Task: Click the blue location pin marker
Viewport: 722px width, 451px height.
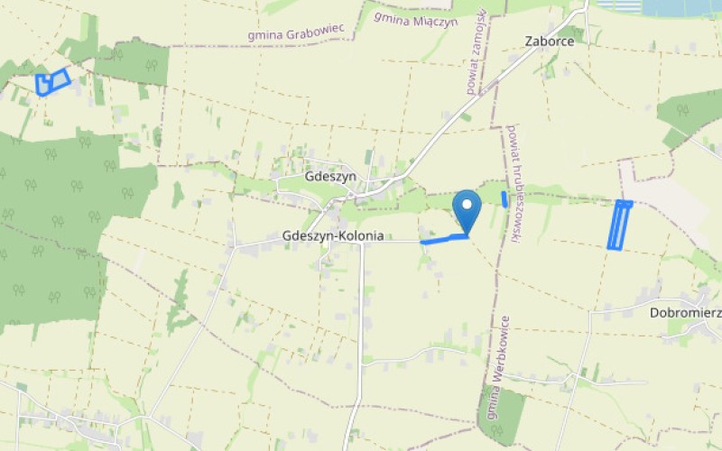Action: (467, 209)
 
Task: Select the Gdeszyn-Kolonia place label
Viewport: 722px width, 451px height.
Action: (333, 236)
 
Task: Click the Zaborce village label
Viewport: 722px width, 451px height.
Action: (549, 41)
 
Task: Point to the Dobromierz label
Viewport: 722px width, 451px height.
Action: (685, 313)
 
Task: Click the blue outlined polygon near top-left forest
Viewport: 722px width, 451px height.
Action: (52, 83)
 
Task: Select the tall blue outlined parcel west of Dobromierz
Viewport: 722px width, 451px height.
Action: (619, 225)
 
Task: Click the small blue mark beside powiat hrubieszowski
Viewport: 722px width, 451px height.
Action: (504, 199)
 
